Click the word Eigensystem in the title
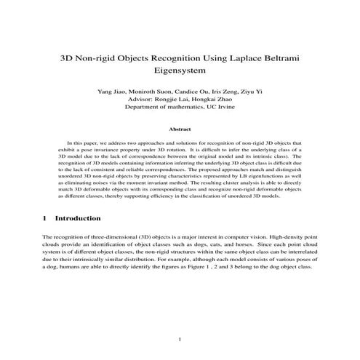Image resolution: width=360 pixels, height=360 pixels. point(180,71)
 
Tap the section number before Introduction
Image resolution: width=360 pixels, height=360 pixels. point(45,218)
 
